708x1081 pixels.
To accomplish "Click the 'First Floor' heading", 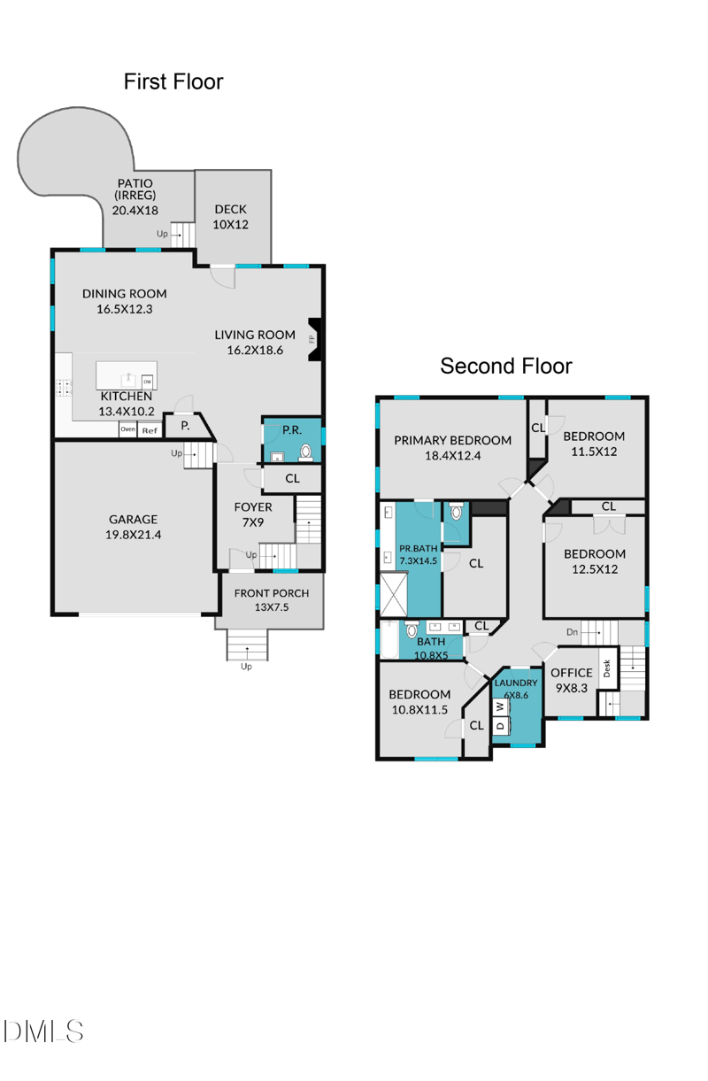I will [x=173, y=82].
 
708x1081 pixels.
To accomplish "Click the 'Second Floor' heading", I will [x=506, y=366].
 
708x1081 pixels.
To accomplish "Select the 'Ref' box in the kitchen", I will [x=150, y=431].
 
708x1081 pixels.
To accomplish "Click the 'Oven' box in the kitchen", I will [x=128, y=430].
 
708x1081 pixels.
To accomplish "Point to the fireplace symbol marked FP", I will [x=313, y=340].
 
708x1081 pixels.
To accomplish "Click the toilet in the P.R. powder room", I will [x=306, y=452].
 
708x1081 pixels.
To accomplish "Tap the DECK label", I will [x=231, y=210].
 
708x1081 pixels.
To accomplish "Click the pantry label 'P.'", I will [x=185, y=426].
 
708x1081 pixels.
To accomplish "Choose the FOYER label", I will [x=252, y=507].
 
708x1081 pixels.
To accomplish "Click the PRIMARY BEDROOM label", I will [x=452, y=440].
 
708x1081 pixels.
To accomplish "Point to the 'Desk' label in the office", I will [x=607, y=668].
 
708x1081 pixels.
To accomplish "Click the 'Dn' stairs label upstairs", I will [x=573, y=632].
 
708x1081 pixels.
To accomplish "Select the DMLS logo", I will [x=44, y=1031].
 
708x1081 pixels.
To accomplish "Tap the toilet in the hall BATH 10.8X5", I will [x=412, y=631].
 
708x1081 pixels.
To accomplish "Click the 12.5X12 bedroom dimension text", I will [x=595, y=569].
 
